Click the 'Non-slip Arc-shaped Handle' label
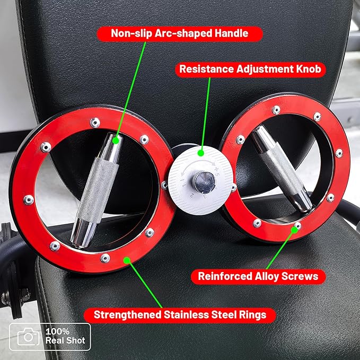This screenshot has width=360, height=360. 180,33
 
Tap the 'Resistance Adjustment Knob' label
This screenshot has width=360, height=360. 250,69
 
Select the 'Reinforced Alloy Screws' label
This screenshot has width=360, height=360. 258,276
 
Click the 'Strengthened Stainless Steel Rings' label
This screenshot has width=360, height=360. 180,315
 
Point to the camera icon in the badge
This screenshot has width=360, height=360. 29,337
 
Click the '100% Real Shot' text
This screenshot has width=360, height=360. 65,336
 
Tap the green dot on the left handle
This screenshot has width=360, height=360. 116,141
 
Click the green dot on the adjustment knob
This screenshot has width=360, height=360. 201,153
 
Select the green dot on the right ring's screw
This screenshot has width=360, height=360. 294,230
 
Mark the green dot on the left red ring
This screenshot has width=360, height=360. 127,260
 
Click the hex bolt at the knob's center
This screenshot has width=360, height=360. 204,182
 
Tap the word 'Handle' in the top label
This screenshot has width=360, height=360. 231,33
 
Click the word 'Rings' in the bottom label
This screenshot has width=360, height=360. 252,315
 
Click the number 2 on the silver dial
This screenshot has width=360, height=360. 192,196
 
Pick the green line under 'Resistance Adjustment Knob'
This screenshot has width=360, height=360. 206,114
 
